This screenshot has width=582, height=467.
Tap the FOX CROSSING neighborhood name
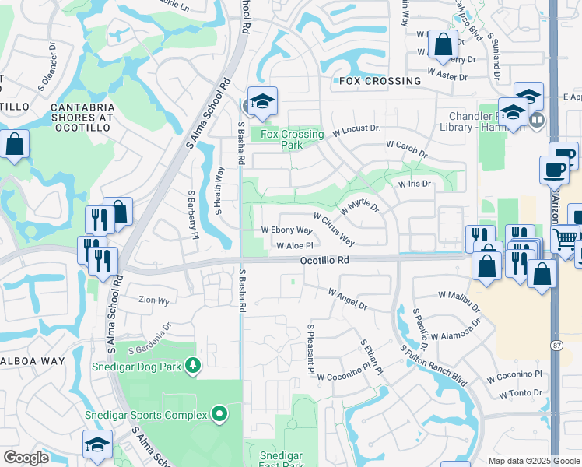point(380,81)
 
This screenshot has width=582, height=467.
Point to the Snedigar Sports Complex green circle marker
point(219,414)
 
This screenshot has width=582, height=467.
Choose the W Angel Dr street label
point(348,300)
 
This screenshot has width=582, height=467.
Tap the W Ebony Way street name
point(286,230)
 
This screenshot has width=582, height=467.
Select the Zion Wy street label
point(153,300)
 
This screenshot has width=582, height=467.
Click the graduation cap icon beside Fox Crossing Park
point(263,101)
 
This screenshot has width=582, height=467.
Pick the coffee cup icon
point(555,169)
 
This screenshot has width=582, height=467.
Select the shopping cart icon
point(566,237)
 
